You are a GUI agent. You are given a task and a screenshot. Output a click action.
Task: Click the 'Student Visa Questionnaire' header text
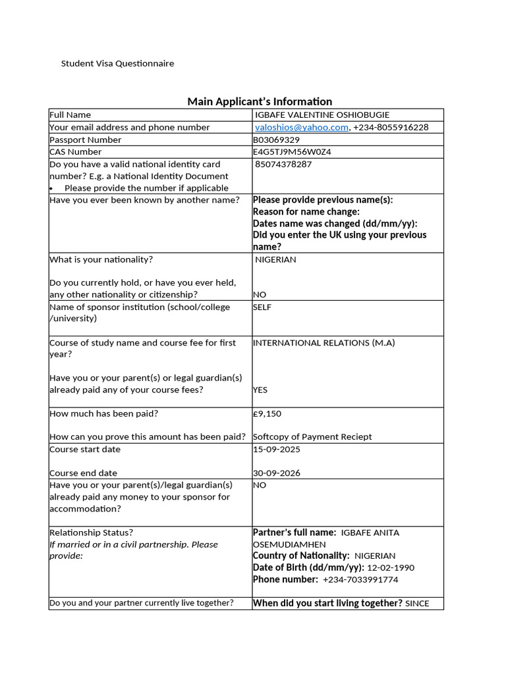pos(117,63)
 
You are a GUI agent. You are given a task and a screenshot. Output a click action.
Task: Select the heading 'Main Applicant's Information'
pos(260,101)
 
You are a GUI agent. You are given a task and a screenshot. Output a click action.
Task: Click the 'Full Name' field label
pos(70,115)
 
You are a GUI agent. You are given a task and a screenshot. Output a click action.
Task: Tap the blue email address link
pos(302,127)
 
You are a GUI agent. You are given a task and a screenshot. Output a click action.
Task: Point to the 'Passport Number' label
pos(86,140)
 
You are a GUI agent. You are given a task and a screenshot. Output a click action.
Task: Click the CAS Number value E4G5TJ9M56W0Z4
pos(292,151)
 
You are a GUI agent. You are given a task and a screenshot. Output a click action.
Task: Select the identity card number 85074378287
pos(283,164)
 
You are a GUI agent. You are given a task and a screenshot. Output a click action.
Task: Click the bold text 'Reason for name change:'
pos(306,211)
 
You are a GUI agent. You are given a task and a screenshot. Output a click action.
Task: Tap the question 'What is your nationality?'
pos(101,259)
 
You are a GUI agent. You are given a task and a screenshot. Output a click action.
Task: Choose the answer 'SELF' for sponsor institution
pos(262,307)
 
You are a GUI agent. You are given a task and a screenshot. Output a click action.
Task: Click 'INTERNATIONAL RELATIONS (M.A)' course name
pos(324,342)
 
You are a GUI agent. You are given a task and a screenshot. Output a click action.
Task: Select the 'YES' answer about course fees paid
pos(260,390)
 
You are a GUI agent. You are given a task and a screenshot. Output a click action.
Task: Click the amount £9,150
pos(267,413)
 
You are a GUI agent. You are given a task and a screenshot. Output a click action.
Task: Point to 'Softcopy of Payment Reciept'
pos(312,436)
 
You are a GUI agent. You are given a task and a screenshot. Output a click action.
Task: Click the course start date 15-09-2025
pos(276,449)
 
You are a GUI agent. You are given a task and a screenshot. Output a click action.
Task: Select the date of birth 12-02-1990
pos(391,567)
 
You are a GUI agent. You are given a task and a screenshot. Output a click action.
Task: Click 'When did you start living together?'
pos(327,603)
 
